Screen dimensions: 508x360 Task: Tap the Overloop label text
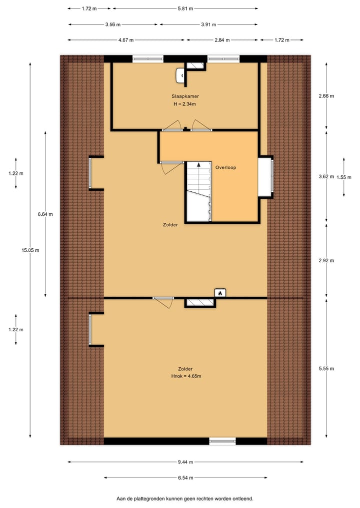[225, 168]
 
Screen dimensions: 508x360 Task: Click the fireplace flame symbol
[219, 293]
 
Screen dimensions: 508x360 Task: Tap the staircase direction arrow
[199, 164]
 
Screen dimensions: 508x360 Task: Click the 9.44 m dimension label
[185, 462]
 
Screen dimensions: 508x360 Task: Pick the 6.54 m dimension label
[185, 478]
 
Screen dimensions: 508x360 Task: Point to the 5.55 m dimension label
[326, 369]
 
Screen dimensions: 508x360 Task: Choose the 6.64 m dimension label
[45, 214]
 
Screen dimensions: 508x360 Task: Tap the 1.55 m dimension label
[344, 177]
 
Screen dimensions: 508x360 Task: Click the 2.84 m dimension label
[221, 40]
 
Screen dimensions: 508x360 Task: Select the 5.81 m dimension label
[185, 8]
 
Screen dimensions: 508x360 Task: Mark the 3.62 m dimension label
[326, 176]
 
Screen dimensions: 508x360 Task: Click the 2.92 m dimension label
[326, 260]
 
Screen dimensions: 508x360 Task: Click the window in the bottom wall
[222, 441]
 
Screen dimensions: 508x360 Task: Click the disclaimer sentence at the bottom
[185, 499]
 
